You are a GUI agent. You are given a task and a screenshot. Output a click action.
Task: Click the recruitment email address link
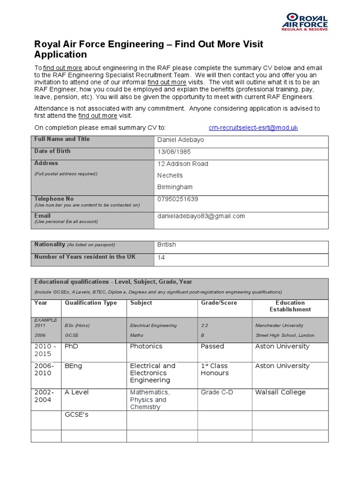click(x=253, y=127)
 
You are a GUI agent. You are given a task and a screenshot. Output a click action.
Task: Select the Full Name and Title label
click(x=62, y=139)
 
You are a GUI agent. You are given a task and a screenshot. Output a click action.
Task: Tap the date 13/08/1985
click(x=174, y=152)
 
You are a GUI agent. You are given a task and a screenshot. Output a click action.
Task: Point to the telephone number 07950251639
click(x=178, y=199)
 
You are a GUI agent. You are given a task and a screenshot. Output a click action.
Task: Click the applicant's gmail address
click(x=201, y=216)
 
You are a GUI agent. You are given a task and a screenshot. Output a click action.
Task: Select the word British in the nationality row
click(x=167, y=245)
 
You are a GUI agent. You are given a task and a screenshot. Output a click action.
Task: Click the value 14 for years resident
click(x=161, y=258)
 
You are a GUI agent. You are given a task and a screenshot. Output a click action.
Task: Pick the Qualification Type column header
click(x=91, y=303)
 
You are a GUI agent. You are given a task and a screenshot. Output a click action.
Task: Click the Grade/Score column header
click(x=219, y=303)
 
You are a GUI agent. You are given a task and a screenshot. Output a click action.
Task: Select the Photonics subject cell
click(x=146, y=346)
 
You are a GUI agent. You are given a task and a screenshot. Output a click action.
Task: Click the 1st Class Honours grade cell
click(x=215, y=369)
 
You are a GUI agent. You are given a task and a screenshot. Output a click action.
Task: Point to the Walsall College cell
click(x=280, y=392)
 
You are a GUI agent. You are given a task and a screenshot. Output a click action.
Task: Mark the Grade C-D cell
click(x=217, y=392)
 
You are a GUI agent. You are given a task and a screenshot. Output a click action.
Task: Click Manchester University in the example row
click(x=279, y=325)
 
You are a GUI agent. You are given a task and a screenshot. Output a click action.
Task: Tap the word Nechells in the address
click(x=170, y=175)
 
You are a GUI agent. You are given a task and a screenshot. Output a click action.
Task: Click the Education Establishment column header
click(x=290, y=306)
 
